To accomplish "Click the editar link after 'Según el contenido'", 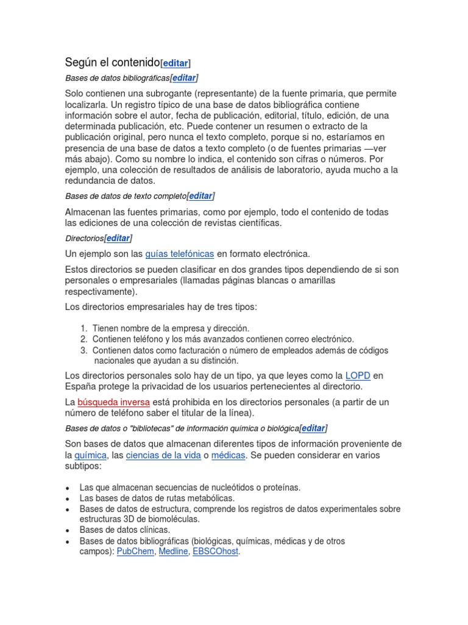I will click(175, 63).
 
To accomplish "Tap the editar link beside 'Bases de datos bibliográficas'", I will click(184, 78).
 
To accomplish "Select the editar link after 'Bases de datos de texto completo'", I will click(200, 196).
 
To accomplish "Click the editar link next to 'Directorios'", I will click(118, 238).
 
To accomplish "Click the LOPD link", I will click(358, 375).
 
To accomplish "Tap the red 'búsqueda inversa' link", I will click(113, 402).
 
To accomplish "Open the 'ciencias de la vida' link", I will click(163, 456).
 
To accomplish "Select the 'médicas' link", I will click(229, 456).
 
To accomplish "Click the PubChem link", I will click(136, 551).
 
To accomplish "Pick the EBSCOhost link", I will click(216, 551).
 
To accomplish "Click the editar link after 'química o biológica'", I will click(313, 428).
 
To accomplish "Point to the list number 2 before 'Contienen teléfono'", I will click(83, 339).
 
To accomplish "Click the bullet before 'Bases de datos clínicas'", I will click(66, 530).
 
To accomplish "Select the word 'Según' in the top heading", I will click(80, 62).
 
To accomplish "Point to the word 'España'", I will click(80, 386).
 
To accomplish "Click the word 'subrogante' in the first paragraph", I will click(186, 93).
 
